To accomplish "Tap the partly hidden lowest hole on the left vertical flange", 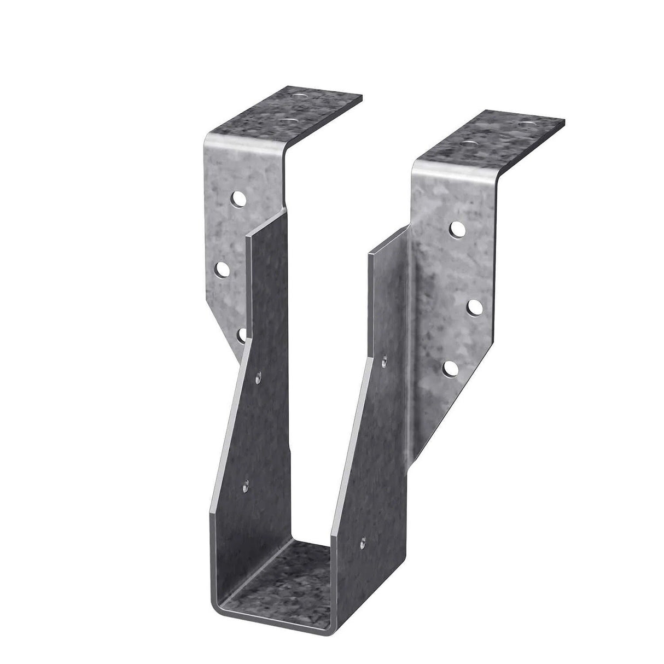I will pos(241,335).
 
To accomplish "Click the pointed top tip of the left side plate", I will pos(248,236).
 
